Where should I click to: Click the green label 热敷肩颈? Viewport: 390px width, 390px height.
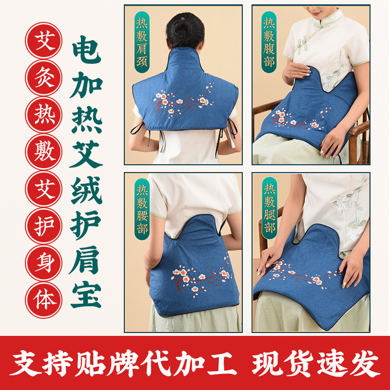142,42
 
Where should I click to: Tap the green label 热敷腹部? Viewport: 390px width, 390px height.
269,42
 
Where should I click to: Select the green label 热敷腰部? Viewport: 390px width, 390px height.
142,209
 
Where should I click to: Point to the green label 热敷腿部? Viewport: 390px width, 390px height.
270,208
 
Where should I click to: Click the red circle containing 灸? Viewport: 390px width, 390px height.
44,78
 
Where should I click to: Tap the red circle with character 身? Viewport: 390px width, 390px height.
44,263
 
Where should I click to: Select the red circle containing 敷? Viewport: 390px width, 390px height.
44,152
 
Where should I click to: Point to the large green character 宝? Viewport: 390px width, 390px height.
86,295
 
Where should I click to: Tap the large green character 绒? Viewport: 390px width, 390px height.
86,190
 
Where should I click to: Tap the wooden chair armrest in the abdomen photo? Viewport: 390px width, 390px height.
359,132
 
